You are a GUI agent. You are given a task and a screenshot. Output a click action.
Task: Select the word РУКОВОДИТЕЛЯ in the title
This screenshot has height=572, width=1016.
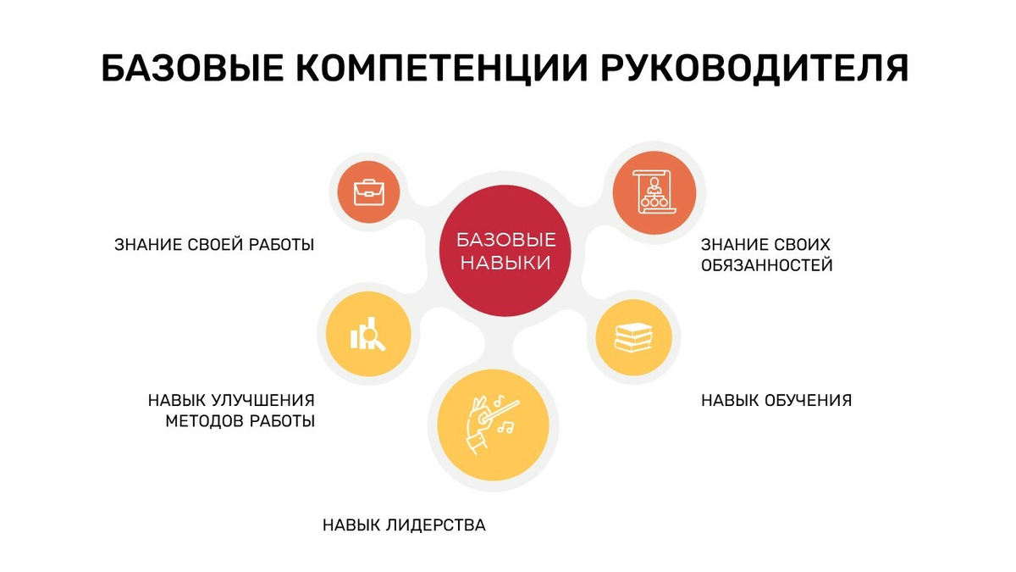point(756,69)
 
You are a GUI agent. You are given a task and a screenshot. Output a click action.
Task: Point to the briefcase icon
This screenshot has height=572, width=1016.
point(367,192)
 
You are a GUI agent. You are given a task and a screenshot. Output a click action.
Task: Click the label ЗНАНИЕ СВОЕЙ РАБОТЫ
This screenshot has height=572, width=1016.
point(214,245)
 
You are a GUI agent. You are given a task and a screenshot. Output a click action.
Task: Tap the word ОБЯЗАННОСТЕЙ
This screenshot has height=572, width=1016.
point(767,266)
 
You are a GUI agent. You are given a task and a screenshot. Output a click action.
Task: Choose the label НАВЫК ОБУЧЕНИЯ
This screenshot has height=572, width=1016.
point(776,400)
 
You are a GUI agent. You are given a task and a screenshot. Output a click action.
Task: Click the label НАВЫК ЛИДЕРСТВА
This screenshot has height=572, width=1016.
point(404,525)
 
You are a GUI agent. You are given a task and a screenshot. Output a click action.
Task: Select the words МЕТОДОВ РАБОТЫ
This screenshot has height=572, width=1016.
point(240,421)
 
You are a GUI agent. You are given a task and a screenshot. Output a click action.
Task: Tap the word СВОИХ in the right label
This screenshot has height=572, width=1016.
point(798,245)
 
